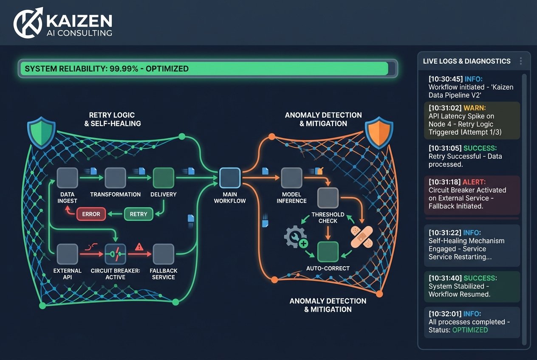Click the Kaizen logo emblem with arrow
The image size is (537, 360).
(x=28, y=22)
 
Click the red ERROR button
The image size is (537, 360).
(x=90, y=214)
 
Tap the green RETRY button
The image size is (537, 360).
(x=138, y=214)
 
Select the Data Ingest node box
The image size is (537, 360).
(x=68, y=178)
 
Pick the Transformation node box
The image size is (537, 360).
(x=115, y=178)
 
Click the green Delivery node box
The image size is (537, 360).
(x=164, y=178)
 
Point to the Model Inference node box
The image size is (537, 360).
(x=291, y=178)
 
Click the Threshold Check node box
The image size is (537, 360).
(x=328, y=198)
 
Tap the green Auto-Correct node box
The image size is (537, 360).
(x=328, y=252)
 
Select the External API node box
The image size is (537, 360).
(x=68, y=254)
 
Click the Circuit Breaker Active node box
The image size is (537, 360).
(x=115, y=254)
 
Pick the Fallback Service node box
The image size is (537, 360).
(x=164, y=254)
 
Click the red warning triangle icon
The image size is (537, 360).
(x=138, y=246)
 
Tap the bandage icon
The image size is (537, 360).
(x=362, y=236)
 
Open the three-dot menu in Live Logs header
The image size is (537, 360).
(x=521, y=61)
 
